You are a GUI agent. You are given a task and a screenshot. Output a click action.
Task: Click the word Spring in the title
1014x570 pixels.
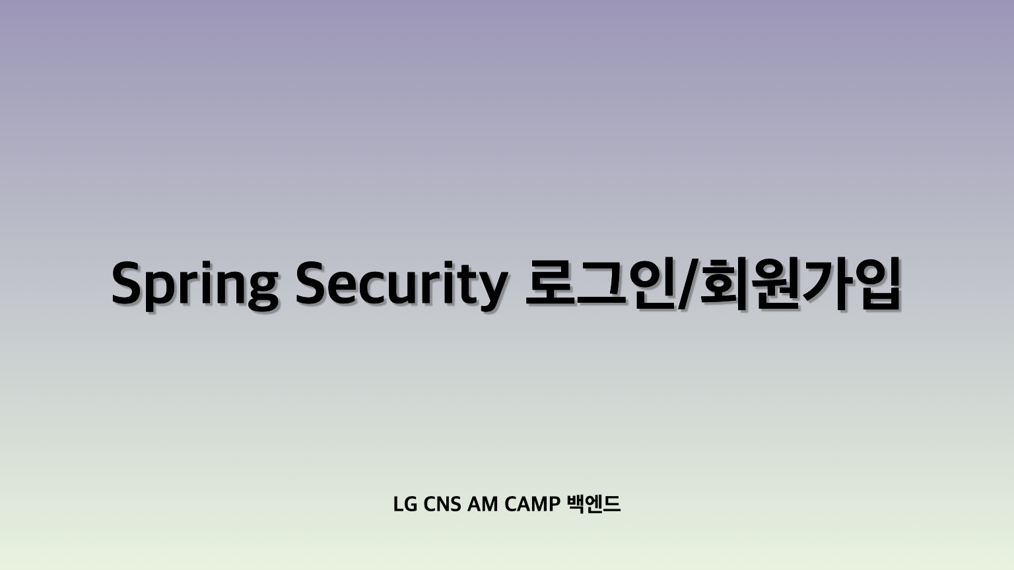(194, 285)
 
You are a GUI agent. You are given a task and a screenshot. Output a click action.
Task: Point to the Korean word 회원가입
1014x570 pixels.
(799, 285)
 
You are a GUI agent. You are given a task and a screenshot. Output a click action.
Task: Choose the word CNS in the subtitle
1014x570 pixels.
(442, 505)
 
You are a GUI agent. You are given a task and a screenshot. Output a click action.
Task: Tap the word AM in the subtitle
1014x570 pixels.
(483, 505)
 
